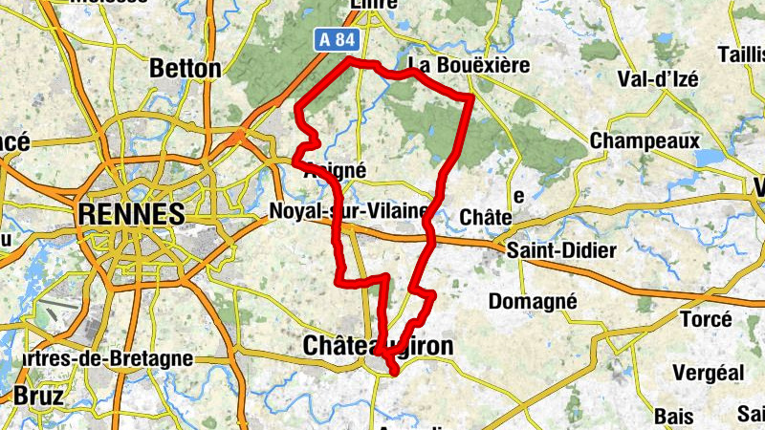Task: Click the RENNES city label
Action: click(x=132, y=214)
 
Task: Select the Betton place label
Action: click(x=186, y=69)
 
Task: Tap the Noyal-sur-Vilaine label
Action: click(x=349, y=210)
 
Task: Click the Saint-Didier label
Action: click(x=561, y=249)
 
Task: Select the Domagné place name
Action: click(x=533, y=302)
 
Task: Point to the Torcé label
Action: click(x=705, y=319)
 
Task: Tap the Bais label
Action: click(x=674, y=416)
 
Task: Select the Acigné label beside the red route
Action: click(x=335, y=169)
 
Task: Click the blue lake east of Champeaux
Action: click(x=712, y=158)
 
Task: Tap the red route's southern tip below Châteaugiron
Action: click(x=393, y=372)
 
